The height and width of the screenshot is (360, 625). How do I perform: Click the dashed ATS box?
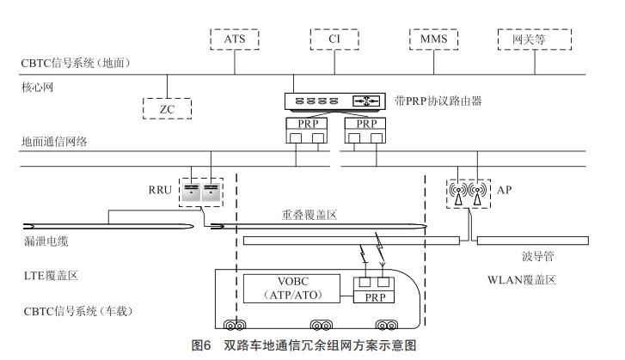[235, 39]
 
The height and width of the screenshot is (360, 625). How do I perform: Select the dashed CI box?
[335, 39]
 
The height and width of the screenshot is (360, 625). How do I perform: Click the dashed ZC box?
[168, 107]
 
